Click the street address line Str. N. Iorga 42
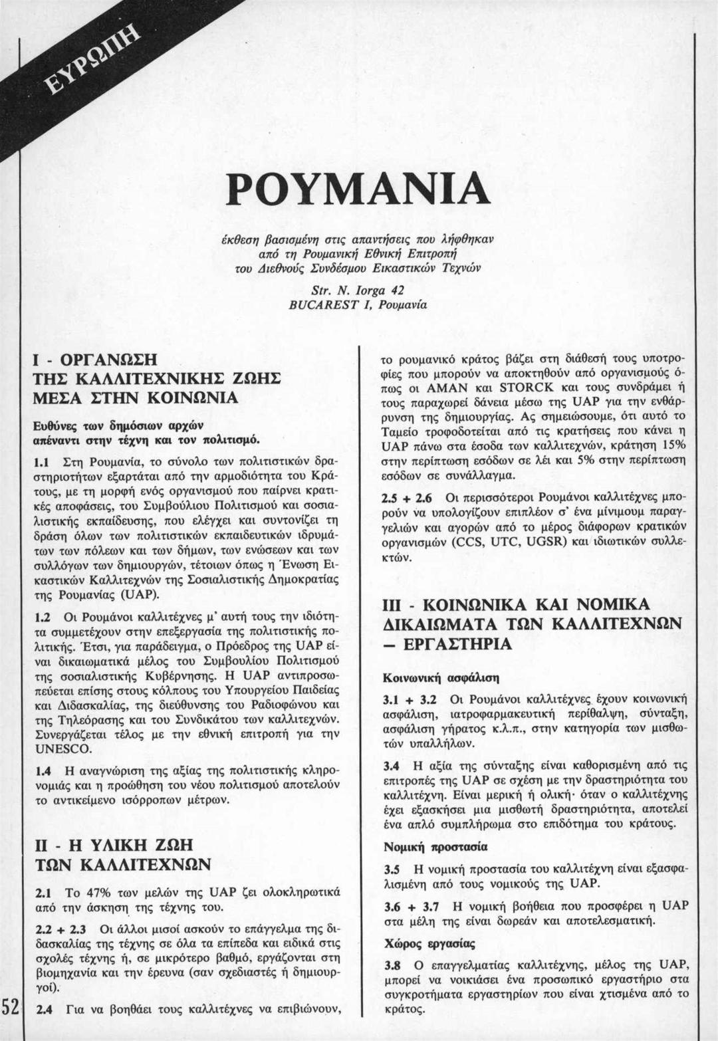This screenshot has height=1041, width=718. [x=359, y=290]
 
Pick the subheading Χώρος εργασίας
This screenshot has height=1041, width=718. [x=429, y=943]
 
